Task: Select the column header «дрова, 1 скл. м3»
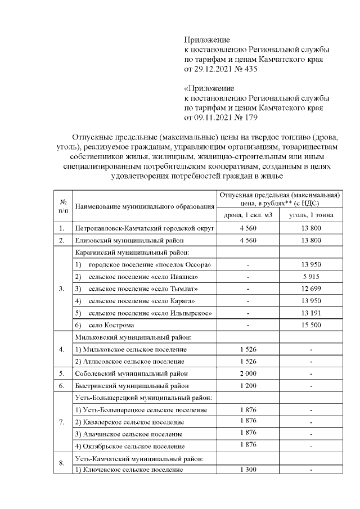pos(248,215)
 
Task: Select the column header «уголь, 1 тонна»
pos(311,215)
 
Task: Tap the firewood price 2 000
pos(248,373)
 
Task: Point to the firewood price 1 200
pos(248,386)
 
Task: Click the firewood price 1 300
pos(248,470)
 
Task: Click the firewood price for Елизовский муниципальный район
pos(248,241)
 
